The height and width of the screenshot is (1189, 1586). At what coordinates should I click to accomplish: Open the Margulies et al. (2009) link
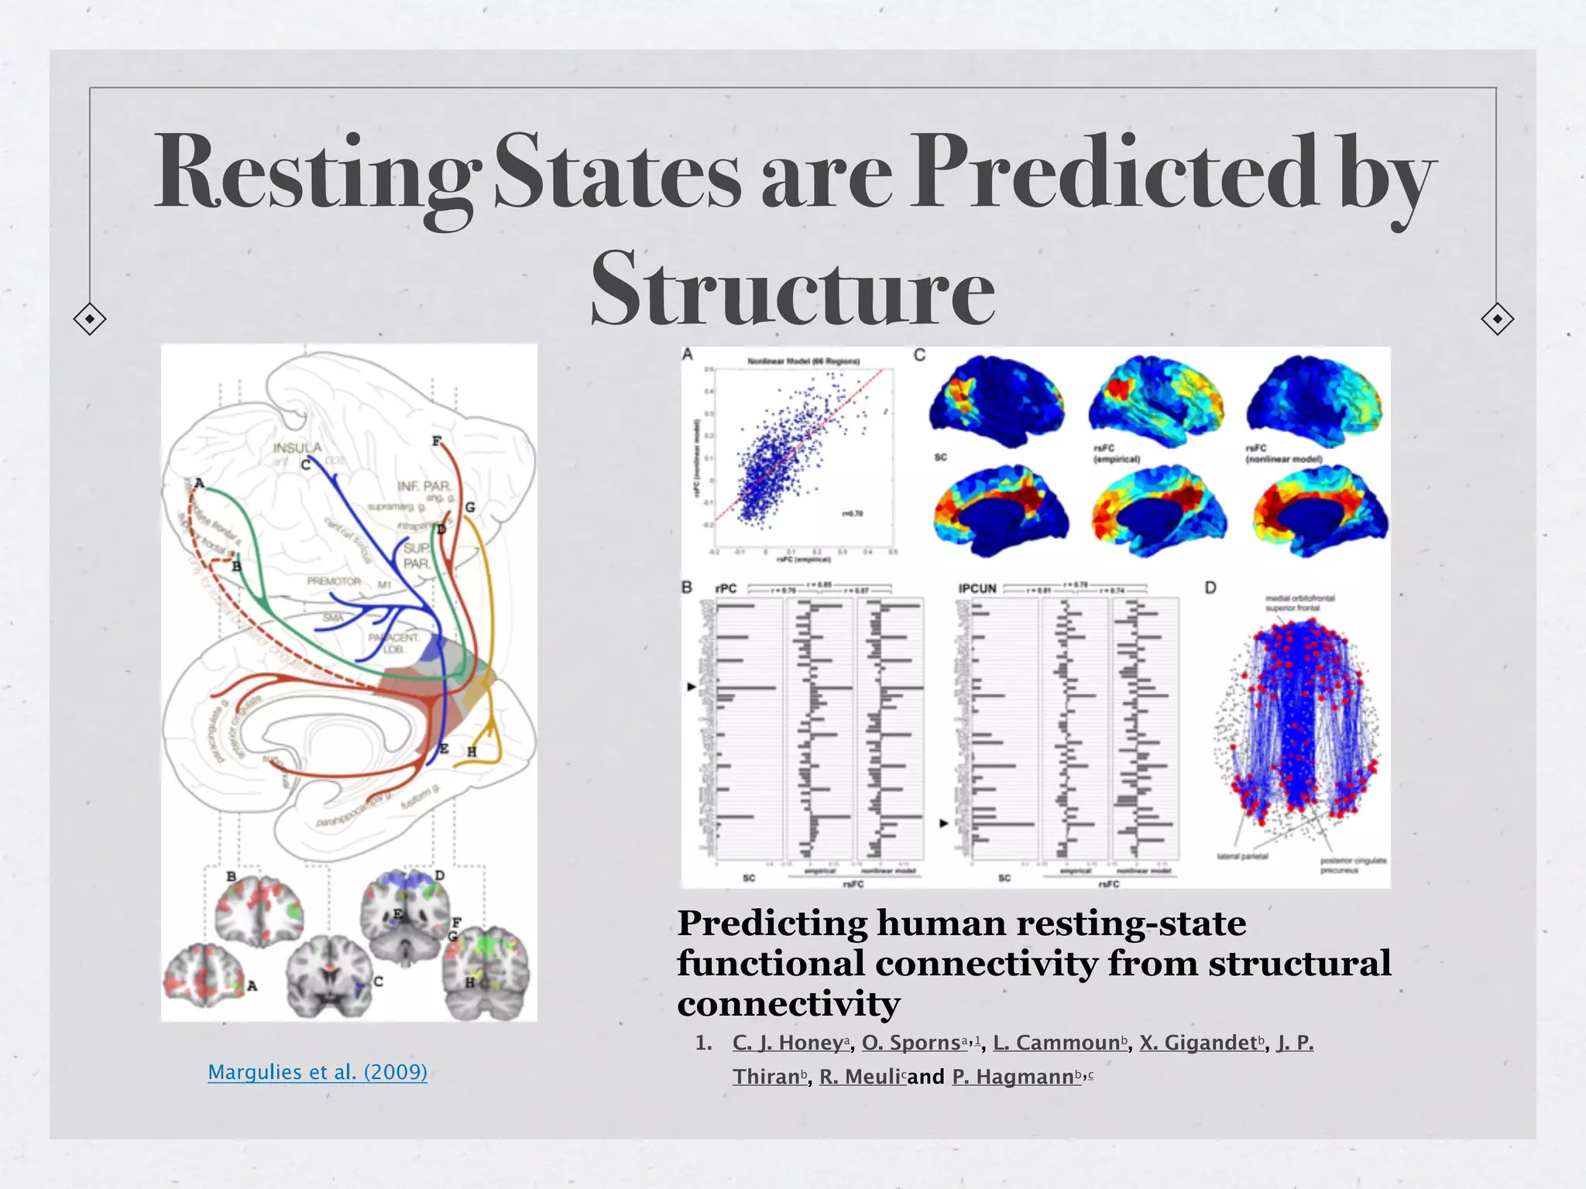tap(318, 1072)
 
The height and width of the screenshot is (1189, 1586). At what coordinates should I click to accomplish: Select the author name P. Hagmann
tap(1017, 1077)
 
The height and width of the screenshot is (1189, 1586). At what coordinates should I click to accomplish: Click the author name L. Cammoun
tap(1057, 1043)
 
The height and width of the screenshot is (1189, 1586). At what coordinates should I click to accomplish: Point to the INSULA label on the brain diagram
tap(297, 448)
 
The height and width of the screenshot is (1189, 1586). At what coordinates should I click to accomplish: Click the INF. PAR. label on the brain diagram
tap(424, 485)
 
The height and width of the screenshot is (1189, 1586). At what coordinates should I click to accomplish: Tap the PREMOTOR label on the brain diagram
tap(333, 581)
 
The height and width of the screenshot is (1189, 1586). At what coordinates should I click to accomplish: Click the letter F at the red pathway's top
tap(437, 441)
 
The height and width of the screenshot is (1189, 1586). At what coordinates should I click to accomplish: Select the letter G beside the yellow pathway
tap(469, 508)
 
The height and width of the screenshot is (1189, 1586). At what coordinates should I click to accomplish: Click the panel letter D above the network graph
tap(1210, 588)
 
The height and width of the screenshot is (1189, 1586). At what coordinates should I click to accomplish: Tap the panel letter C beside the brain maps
tap(919, 355)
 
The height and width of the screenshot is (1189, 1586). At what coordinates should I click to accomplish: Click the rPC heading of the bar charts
tap(726, 589)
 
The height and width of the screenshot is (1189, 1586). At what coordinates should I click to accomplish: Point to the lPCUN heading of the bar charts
tap(977, 589)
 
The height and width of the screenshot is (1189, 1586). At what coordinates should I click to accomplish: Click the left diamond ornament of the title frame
tap(90, 319)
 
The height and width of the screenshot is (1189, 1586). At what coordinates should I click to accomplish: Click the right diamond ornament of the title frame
tap(1497, 319)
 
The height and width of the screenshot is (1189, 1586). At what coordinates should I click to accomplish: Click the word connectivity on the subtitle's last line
tap(788, 1004)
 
